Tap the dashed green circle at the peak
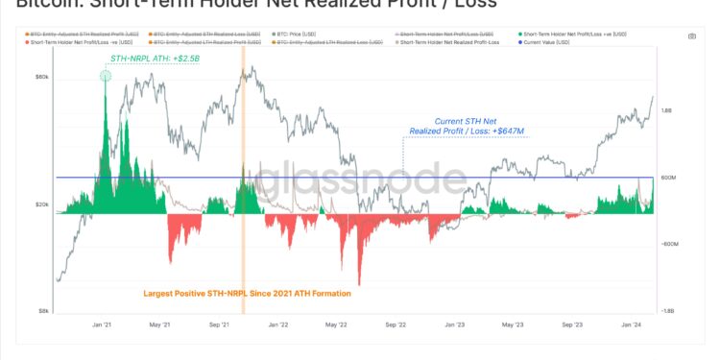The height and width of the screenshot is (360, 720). click(x=105, y=76)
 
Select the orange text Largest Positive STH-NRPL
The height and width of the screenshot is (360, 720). click(x=247, y=293)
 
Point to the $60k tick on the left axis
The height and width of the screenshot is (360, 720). click(x=42, y=76)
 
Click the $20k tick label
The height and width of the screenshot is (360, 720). click(x=42, y=204)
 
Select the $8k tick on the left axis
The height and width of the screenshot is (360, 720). click(x=44, y=310)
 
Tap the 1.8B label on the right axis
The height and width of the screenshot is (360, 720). click(x=667, y=110)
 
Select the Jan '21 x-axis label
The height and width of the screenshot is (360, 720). click(x=102, y=324)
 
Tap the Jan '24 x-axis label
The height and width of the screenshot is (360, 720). click(x=631, y=324)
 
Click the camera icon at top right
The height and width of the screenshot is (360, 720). click(x=692, y=36)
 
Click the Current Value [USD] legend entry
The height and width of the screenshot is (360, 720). click(x=548, y=43)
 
